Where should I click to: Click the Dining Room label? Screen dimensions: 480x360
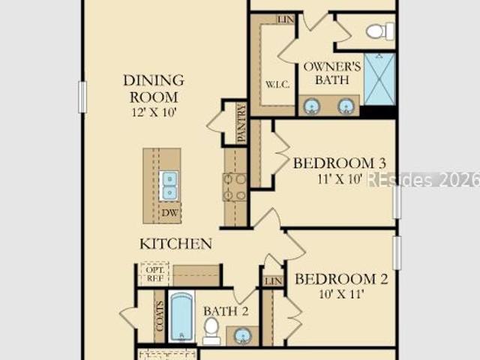pos(154,88)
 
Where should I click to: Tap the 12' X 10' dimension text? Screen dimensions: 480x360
pos(154,112)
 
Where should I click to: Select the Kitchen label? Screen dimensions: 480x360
pos(175,244)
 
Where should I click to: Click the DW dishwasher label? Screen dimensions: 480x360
pos(169,213)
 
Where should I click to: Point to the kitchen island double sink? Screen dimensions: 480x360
pos(169,186)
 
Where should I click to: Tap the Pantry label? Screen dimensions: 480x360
pos(241,122)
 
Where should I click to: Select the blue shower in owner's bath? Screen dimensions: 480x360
pos(379,79)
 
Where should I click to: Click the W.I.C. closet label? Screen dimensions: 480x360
pos(277,85)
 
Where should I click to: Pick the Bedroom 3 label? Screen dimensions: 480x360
pos(340,163)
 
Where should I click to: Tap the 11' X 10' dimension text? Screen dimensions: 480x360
pos(340,178)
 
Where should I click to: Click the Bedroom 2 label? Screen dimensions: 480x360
pos(341,279)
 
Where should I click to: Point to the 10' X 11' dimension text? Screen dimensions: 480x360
pos(341,294)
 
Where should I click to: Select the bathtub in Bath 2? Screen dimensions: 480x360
pos(181,316)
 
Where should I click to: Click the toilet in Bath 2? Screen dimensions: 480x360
pos(211,331)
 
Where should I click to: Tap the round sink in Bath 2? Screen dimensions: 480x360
pos(243,336)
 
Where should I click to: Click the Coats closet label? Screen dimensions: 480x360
pos(159,316)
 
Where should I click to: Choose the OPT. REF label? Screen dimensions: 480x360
pos(155,274)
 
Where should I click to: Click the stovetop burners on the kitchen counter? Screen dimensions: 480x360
pos(235,187)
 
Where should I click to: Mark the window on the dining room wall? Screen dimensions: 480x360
pos(82,97)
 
